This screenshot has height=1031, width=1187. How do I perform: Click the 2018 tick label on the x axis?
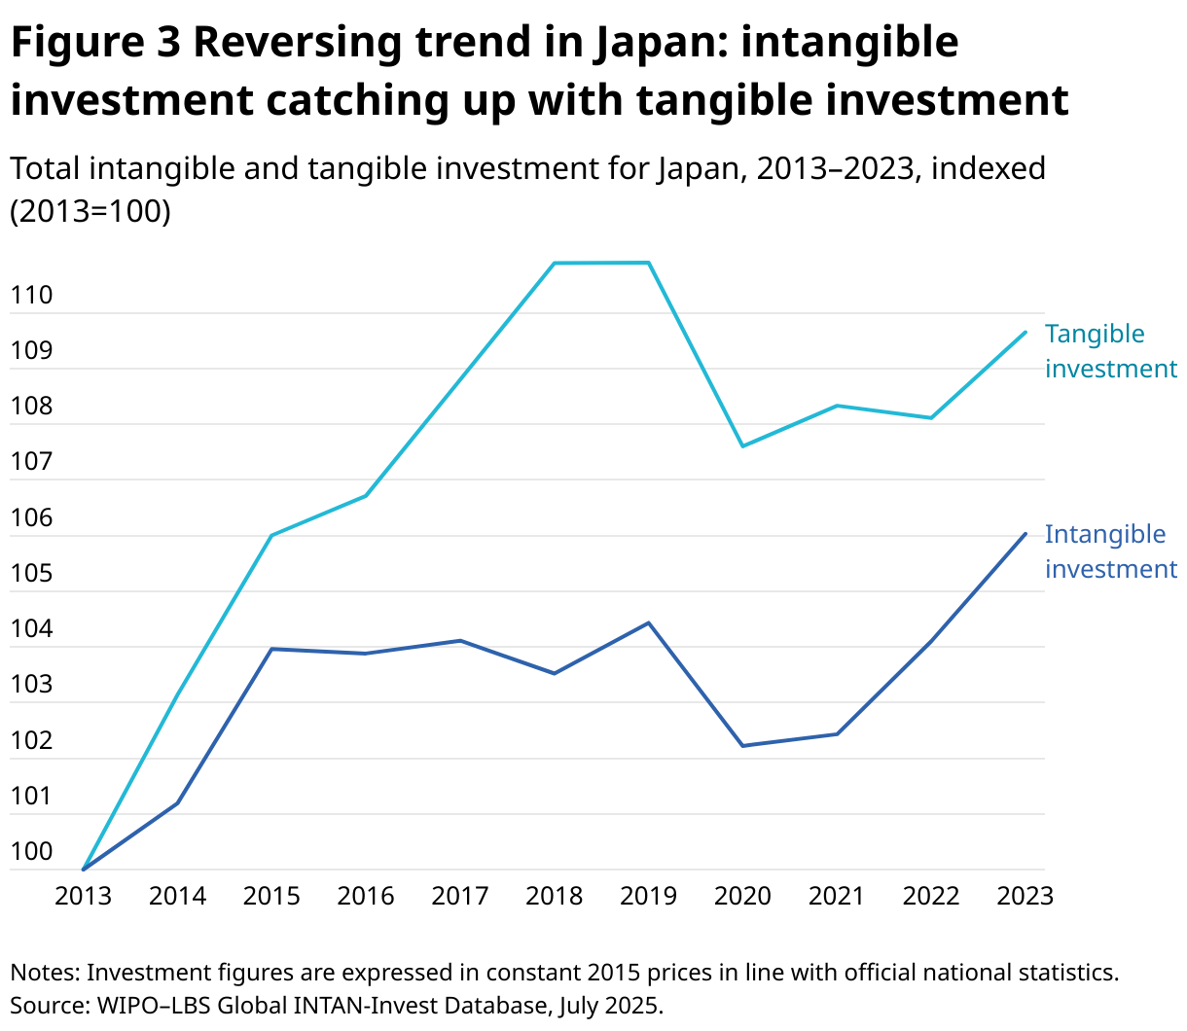pyautogui.click(x=554, y=896)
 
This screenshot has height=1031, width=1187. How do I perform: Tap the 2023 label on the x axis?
pyautogui.click(x=1025, y=896)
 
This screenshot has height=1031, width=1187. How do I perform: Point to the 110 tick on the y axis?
pyautogui.click(x=31, y=295)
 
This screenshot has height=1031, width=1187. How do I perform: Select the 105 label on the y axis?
pyautogui.click(x=31, y=573)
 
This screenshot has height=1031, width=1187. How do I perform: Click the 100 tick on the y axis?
pyautogui.click(x=31, y=852)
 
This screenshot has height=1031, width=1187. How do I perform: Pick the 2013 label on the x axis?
pyautogui.click(x=83, y=896)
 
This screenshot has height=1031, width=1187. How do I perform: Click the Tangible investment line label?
pyautogui.click(x=1110, y=351)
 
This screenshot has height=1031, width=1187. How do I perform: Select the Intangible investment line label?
pyautogui.click(x=1110, y=551)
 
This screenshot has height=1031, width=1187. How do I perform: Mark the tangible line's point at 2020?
pyautogui.click(x=742, y=446)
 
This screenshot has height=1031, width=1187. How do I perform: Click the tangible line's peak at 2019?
pyautogui.click(x=648, y=263)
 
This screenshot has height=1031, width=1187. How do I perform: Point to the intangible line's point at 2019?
pyautogui.click(x=648, y=622)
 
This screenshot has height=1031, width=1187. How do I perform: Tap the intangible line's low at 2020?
pyautogui.click(x=742, y=746)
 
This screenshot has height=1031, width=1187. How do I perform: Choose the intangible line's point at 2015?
pyautogui.click(x=271, y=649)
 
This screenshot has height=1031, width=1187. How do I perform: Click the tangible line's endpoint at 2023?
pyautogui.click(x=1025, y=332)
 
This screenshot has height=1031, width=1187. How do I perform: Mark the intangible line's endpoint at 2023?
pyautogui.click(x=1025, y=533)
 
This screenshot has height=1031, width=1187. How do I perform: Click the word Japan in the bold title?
pyautogui.click(x=662, y=43)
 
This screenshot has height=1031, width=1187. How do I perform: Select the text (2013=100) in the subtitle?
pyautogui.click(x=90, y=211)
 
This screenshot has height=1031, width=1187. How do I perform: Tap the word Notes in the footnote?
pyautogui.click(x=44, y=972)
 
